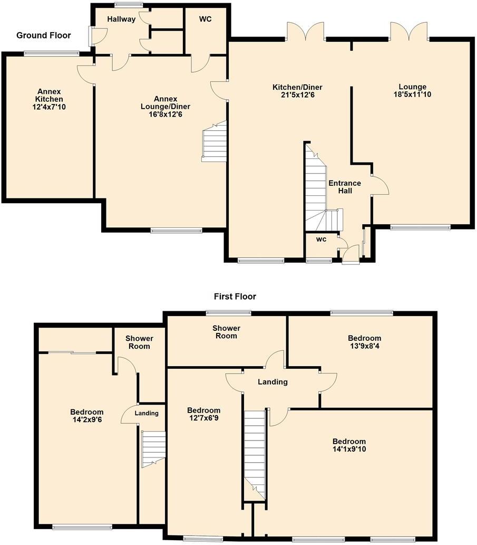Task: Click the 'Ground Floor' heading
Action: click(43, 35)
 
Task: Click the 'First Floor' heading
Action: click(235, 297)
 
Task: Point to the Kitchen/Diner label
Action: click(297, 87)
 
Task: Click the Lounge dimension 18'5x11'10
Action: click(412, 95)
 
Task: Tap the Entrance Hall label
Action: click(345, 187)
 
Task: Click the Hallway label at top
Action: click(121, 20)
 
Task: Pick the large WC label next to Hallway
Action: click(205, 20)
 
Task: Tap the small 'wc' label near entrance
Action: click(321, 239)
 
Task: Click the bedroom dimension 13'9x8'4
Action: click(364, 346)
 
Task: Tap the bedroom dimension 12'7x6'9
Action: click(203, 418)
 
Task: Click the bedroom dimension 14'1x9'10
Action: click(348, 450)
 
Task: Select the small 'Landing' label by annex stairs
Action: click(147, 413)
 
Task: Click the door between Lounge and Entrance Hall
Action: click(379, 185)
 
